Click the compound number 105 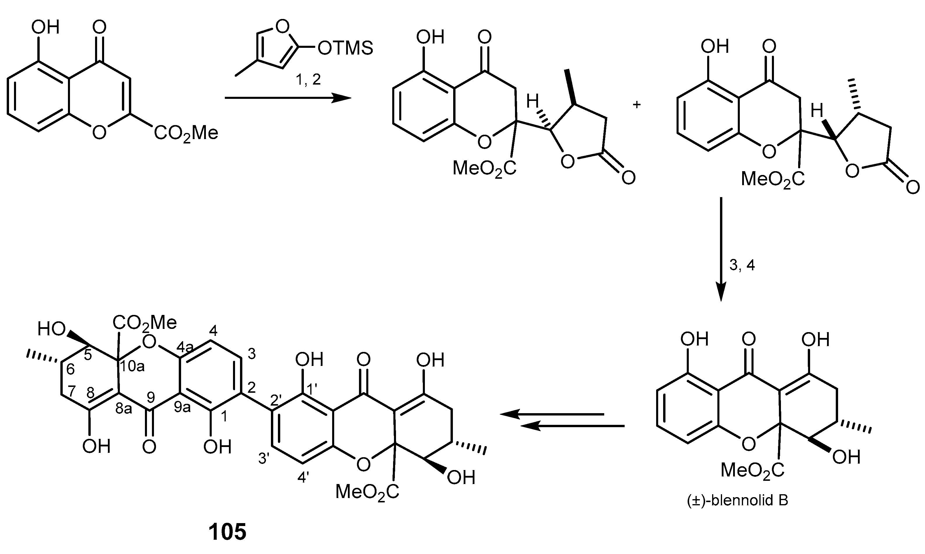pos(227,532)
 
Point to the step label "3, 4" pos(742,265)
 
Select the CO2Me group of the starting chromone pos(186,133)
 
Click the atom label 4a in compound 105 pos(185,348)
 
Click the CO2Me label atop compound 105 pos(145,322)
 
